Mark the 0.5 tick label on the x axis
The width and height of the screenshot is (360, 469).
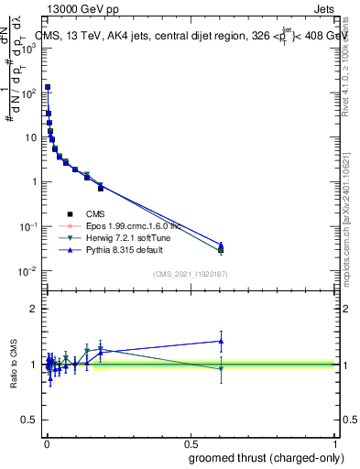(x=191, y=442)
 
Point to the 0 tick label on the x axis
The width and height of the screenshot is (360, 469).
(x=46, y=442)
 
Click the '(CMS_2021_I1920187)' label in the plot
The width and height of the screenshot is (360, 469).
(x=191, y=274)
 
